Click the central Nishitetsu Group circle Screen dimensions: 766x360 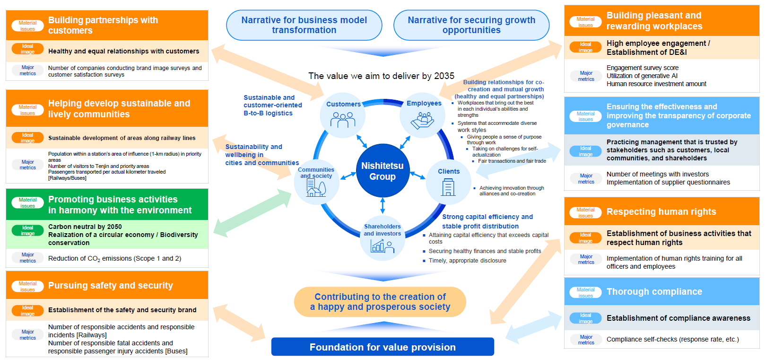(x=383, y=170)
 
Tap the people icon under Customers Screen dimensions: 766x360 (x=343, y=120)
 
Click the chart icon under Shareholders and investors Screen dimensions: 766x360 (x=383, y=246)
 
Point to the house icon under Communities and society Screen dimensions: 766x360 (x=316, y=188)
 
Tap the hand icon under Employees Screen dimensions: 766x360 (x=422, y=121)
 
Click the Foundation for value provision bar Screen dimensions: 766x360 (x=383, y=347)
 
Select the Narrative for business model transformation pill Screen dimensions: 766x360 (x=304, y=25)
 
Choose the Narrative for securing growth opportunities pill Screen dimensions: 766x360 (x=471, y=25)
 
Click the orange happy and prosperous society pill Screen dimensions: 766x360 (x=380, y=302)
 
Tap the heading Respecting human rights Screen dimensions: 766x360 (x=661, y=211)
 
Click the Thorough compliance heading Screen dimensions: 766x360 (x=654, y=291)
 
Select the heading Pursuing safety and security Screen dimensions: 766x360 (x=111, y=285)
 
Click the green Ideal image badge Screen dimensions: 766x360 (x=28, y=230)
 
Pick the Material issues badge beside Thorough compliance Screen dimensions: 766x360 (x=585, y=292)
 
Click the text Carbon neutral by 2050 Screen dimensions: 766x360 (x=85, y=227)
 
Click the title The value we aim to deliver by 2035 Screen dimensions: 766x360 (x=381, y=76)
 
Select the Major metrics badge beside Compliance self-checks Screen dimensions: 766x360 (x=586, y=340)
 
